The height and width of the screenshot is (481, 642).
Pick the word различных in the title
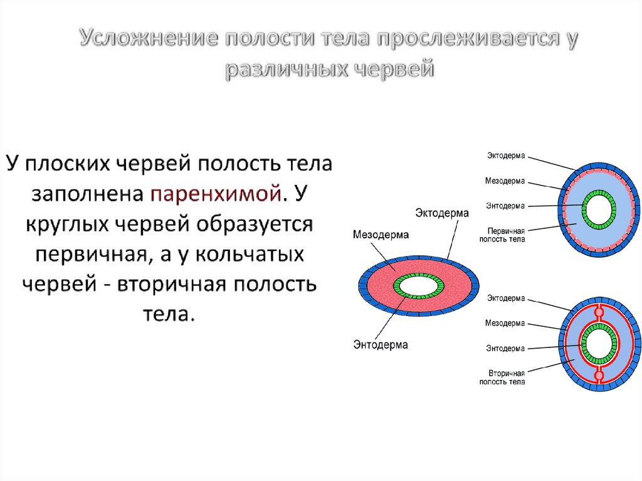point(285,69)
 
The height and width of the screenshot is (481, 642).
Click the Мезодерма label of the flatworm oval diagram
point(381,235)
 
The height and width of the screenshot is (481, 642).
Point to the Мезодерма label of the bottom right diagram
point(505,323)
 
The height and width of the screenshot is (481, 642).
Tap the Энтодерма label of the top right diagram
point(505,205)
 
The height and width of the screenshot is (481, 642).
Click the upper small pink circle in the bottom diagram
point(599,312)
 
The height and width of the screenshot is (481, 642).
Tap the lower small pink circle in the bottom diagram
point(599,376)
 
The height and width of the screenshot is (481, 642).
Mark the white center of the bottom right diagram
point(598,344)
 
